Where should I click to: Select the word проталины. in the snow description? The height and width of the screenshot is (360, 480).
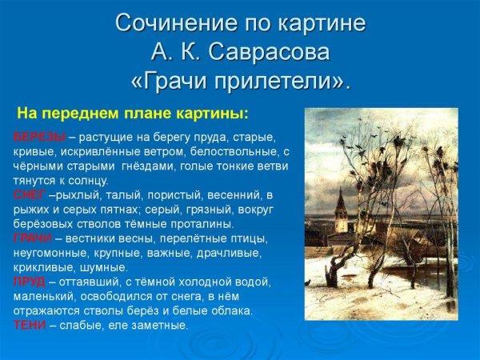(x=203, y=224)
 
